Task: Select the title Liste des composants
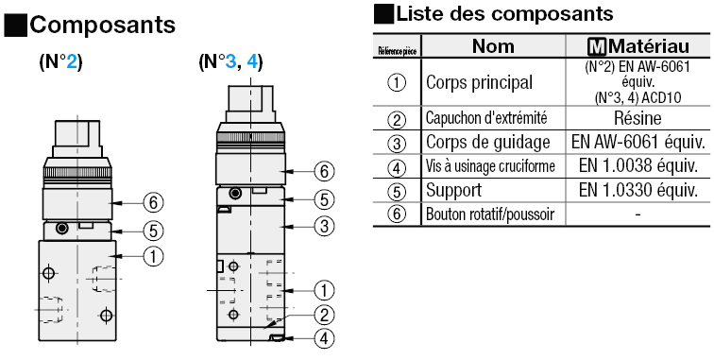[x=504, y=13]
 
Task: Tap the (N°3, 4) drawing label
[x=230, y=63]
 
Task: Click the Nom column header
[x=492, y=46]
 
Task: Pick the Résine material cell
[x=637, y=118]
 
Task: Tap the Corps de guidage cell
[x=488, y=142]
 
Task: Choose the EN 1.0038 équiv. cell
[x=637, y=165]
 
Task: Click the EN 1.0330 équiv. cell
[x=637, y=190]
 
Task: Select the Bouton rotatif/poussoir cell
[x=490, y=214]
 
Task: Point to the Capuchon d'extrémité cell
[x=486, y=118]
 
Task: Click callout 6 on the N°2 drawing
[x=154, y=200]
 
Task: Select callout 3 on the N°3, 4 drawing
[x=324, y=225]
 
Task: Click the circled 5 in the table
[x=398, y=190]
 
